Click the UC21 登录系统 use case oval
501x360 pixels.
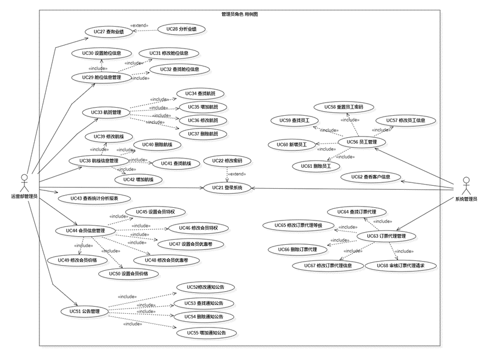(x=226, y=188)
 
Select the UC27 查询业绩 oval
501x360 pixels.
(x=104, y=32)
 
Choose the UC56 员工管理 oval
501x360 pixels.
(x=361, y=142)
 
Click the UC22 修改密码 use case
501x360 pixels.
(x=226, y=161)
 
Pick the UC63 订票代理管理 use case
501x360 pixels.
(x=386, y=236)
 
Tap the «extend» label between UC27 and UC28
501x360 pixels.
(x=140, y=25)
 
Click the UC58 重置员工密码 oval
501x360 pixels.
(x=343, y=107)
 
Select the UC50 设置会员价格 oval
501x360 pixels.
(x=127, y=273)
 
